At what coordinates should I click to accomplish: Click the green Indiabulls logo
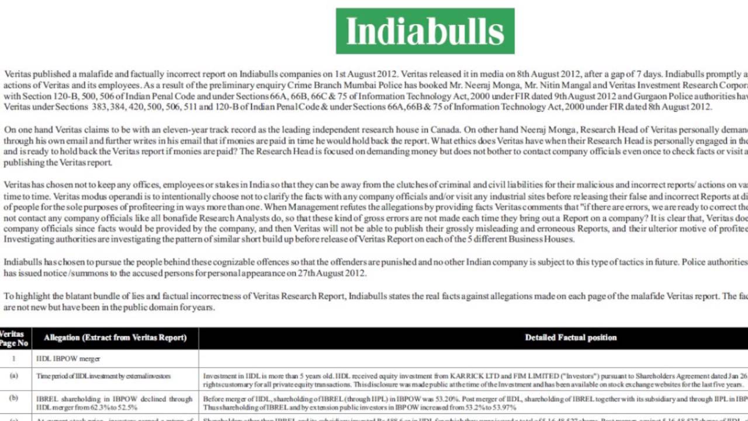click(x=425, y=31)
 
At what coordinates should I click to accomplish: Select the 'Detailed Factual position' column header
click(x=570, y=337)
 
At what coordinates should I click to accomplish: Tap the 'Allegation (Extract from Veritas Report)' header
click(x=115, y=337)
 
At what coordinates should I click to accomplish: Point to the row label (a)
click(x=14, y=376)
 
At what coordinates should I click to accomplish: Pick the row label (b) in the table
click(x=14, y=398)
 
